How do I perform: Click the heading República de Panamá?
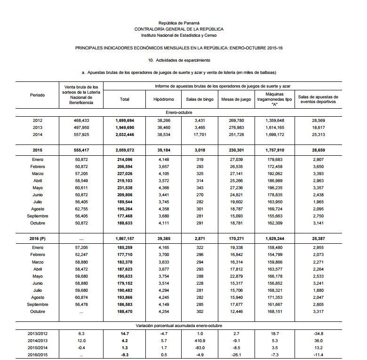click(179, 23)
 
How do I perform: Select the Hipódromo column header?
click(164, 99)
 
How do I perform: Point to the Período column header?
click(38, 95)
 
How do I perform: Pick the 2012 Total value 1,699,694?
click(125, 120)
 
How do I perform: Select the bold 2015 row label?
click(38, 150)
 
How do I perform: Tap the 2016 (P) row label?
click(38, 239)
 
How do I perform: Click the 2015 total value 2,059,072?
click(125, 150)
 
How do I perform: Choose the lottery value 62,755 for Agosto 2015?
click(82, 208)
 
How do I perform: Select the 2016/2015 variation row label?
click(38, 354)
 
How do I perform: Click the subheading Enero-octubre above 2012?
click(179, 113)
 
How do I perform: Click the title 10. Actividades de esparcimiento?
click(179, 60)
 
